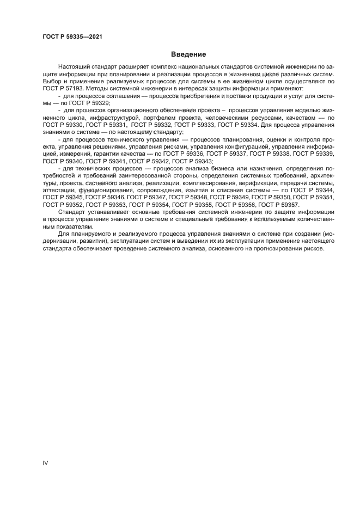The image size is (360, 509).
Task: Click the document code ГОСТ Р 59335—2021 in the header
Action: pos(72,37)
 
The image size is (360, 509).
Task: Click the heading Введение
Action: pos(188,55)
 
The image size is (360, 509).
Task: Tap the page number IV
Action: pos(45,463)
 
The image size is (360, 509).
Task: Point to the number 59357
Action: pos(288,205)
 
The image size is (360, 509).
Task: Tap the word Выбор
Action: pos(51,81)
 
